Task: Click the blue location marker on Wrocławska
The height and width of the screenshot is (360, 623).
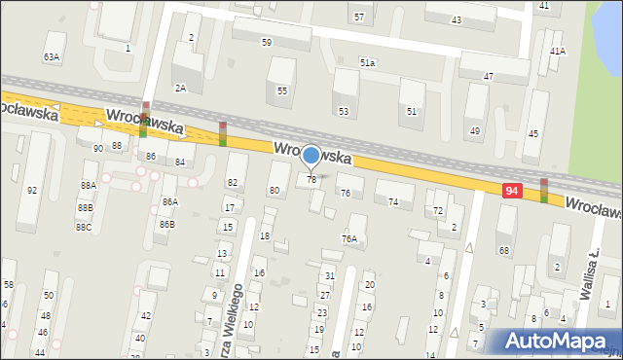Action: [311, 156]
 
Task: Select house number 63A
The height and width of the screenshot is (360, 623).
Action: [52, 57]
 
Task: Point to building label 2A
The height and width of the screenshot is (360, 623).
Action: [180, 88]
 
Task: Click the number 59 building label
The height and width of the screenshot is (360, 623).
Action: [267, 43]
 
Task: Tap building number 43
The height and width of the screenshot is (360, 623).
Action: [457, 19]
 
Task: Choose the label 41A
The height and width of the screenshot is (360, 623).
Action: [557, 51]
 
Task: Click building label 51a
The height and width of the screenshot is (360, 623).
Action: [367, 62]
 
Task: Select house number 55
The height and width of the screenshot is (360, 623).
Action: [282, 90]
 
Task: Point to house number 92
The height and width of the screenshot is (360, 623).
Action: [32, 190]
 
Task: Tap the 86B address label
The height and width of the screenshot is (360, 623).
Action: [167, 224]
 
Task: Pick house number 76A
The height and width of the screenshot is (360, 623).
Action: [348, 238]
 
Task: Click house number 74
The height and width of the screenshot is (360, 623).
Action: [393, 201]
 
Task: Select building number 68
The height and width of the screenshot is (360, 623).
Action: [504, 251]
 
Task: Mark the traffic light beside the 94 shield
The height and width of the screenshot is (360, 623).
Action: [543, 191]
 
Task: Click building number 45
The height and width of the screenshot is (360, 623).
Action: [532, 132]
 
